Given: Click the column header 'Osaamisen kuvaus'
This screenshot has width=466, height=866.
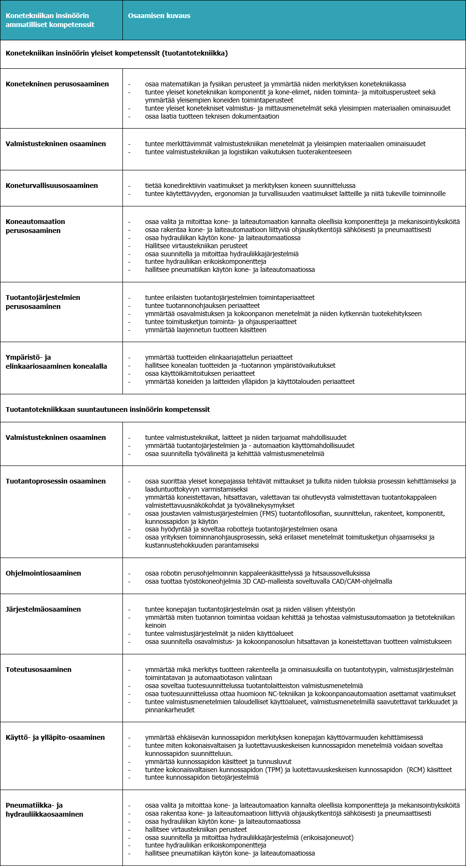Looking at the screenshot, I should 159,16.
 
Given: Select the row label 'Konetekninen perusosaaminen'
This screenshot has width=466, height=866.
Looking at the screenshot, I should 57,84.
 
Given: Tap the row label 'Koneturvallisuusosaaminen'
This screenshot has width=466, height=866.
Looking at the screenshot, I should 52,186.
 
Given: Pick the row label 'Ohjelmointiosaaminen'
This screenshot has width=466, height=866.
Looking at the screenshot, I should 43,573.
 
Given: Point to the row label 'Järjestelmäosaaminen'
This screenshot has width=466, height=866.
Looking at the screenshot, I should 43,609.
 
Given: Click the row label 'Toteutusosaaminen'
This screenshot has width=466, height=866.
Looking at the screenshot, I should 38,670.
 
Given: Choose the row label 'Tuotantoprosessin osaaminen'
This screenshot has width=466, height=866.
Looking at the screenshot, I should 56,481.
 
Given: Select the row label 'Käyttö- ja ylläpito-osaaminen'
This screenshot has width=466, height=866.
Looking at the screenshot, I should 55,737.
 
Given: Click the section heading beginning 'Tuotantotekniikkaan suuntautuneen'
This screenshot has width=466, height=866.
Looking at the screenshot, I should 108,410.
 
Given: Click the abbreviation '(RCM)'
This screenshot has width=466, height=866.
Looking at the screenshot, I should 416,770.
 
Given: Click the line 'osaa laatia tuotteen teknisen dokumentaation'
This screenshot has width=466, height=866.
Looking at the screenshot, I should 212,116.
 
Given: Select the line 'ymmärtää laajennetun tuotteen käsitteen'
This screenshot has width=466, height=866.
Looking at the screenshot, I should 205,330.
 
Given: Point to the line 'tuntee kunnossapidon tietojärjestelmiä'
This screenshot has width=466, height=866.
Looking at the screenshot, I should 202,778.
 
